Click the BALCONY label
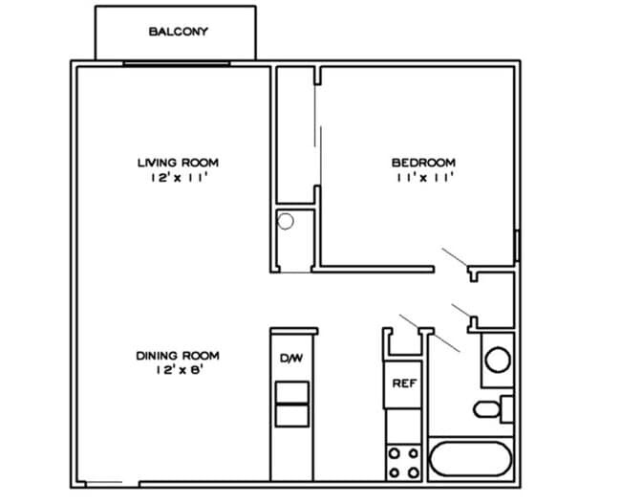pyautogui.click(x=178, y=32)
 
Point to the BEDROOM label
pyautogui.click(x=423, y=163)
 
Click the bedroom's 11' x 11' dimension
pyautogui.click(x=423, y=178)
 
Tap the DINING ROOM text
pyautogui.click(x=178, y=356)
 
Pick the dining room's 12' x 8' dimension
pyautogui.click(x=178, y=371)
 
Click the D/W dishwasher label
pyautogui.click(x=291, y=359)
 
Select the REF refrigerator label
pyautogui.click(x=403, y=383)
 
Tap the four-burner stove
pyautogui.click(x=403, y=463)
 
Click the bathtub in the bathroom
pyautogui.click(x=472, y=460)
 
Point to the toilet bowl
pyautogui.click(x=487, y=410)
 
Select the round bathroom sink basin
pyautogui.click(x=497, y=361)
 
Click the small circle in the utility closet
pyautogui.click(x=285, y=222)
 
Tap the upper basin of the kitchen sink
pyautogui.click(x=291, y=392)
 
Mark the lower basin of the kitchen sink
pyautogui.click(x=291, y=415)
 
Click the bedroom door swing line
pyautogui.click(x=454, y=256)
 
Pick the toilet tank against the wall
pyautogui.click(x=507, y=409)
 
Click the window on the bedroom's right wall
pyautogui.click(x=517, y=246)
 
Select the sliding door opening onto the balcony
pyautogui.click(x=177, y=63)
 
